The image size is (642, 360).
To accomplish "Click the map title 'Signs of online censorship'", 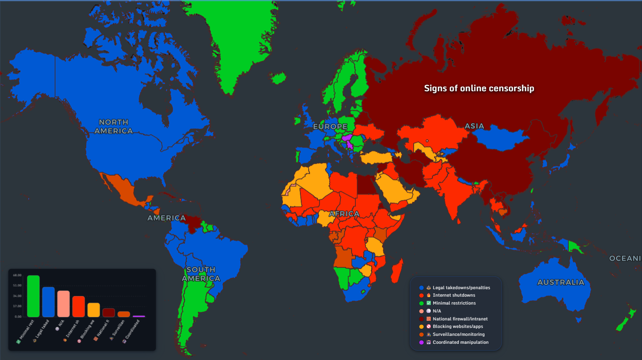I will tap(479, 88).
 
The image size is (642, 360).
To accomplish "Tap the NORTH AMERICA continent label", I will tap(113, 126).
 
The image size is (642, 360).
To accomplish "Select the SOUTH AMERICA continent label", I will tap(201, 274).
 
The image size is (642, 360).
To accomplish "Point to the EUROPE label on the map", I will tap(330, 126).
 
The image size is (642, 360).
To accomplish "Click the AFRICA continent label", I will tap(344, 214).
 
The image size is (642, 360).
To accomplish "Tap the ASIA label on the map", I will tap(474, 126).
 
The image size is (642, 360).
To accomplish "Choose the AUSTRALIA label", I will tap(561, 282).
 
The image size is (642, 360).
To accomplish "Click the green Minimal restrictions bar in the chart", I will tap(33, 296).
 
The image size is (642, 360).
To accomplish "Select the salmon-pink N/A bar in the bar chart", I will tap(63, 304).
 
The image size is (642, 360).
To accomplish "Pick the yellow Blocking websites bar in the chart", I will tap(93, 310).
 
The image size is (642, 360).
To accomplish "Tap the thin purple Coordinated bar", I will tap(139, 316).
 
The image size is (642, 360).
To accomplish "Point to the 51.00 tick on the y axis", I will tap(17, 285).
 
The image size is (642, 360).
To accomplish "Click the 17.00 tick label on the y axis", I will tap(17, 306).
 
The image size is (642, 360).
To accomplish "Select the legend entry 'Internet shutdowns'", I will tap(454, 295).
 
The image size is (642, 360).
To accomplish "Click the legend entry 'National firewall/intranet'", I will tap(460, 319).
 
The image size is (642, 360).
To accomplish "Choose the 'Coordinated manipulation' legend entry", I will tap(460, 342).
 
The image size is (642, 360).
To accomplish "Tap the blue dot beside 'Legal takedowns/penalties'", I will tap(422, 287).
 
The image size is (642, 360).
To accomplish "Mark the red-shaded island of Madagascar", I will tap(397, 271).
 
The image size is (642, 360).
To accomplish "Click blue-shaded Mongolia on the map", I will tap(500, 137).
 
